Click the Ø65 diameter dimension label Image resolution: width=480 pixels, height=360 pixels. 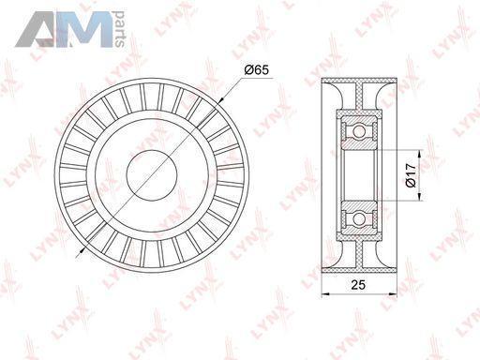tap(256, 70)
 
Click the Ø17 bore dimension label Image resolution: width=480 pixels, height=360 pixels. tap(411, 174)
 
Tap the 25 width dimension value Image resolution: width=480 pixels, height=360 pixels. tap(358, 285)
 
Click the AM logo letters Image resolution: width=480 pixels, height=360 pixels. tap(65, 29)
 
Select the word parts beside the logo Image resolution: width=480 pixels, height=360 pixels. tap(120, 29)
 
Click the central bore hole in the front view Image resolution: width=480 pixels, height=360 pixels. tap(152, 174)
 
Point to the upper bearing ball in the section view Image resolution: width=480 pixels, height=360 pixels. tap(359, 130)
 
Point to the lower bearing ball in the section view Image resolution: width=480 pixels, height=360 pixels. tap(359, 218)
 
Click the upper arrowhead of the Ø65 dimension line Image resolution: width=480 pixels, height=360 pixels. tap(220, 100)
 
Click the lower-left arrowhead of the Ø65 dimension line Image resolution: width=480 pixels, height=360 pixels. tap(82, 249)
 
